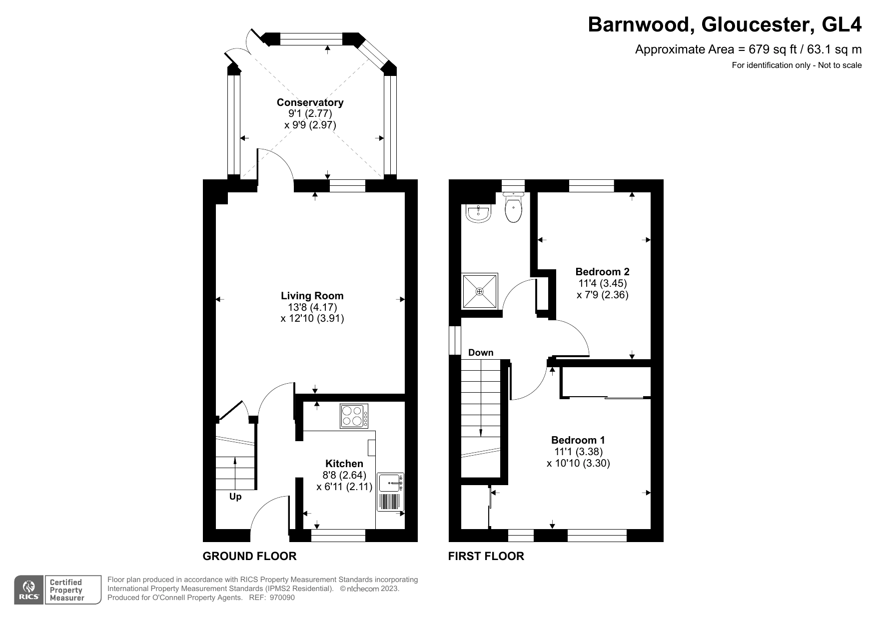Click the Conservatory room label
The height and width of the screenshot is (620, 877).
coord(310,102)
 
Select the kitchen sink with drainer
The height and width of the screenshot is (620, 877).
coord(390,492)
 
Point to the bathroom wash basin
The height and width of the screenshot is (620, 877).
coord(478,214)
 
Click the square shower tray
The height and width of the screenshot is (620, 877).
coord(480,291)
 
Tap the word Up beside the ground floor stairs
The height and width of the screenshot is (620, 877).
coord(235,497)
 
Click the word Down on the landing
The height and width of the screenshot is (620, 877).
coord(481,353)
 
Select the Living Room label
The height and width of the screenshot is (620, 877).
coord(312,296)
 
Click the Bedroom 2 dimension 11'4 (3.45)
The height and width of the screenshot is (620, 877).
coord(602,283)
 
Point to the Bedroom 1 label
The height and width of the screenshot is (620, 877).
coord(578,440)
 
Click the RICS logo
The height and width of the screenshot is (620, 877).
coord(28,590)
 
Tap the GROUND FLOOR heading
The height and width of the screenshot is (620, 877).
coord(249,556)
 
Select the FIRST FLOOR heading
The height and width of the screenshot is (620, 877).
coord(486,556)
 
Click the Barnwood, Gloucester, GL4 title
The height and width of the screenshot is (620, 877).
coord(724,24)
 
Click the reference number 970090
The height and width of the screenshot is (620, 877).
coord(282,598)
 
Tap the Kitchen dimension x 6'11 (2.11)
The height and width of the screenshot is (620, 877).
coord(344,486)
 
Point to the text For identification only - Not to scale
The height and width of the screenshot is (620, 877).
coord(797,65)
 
